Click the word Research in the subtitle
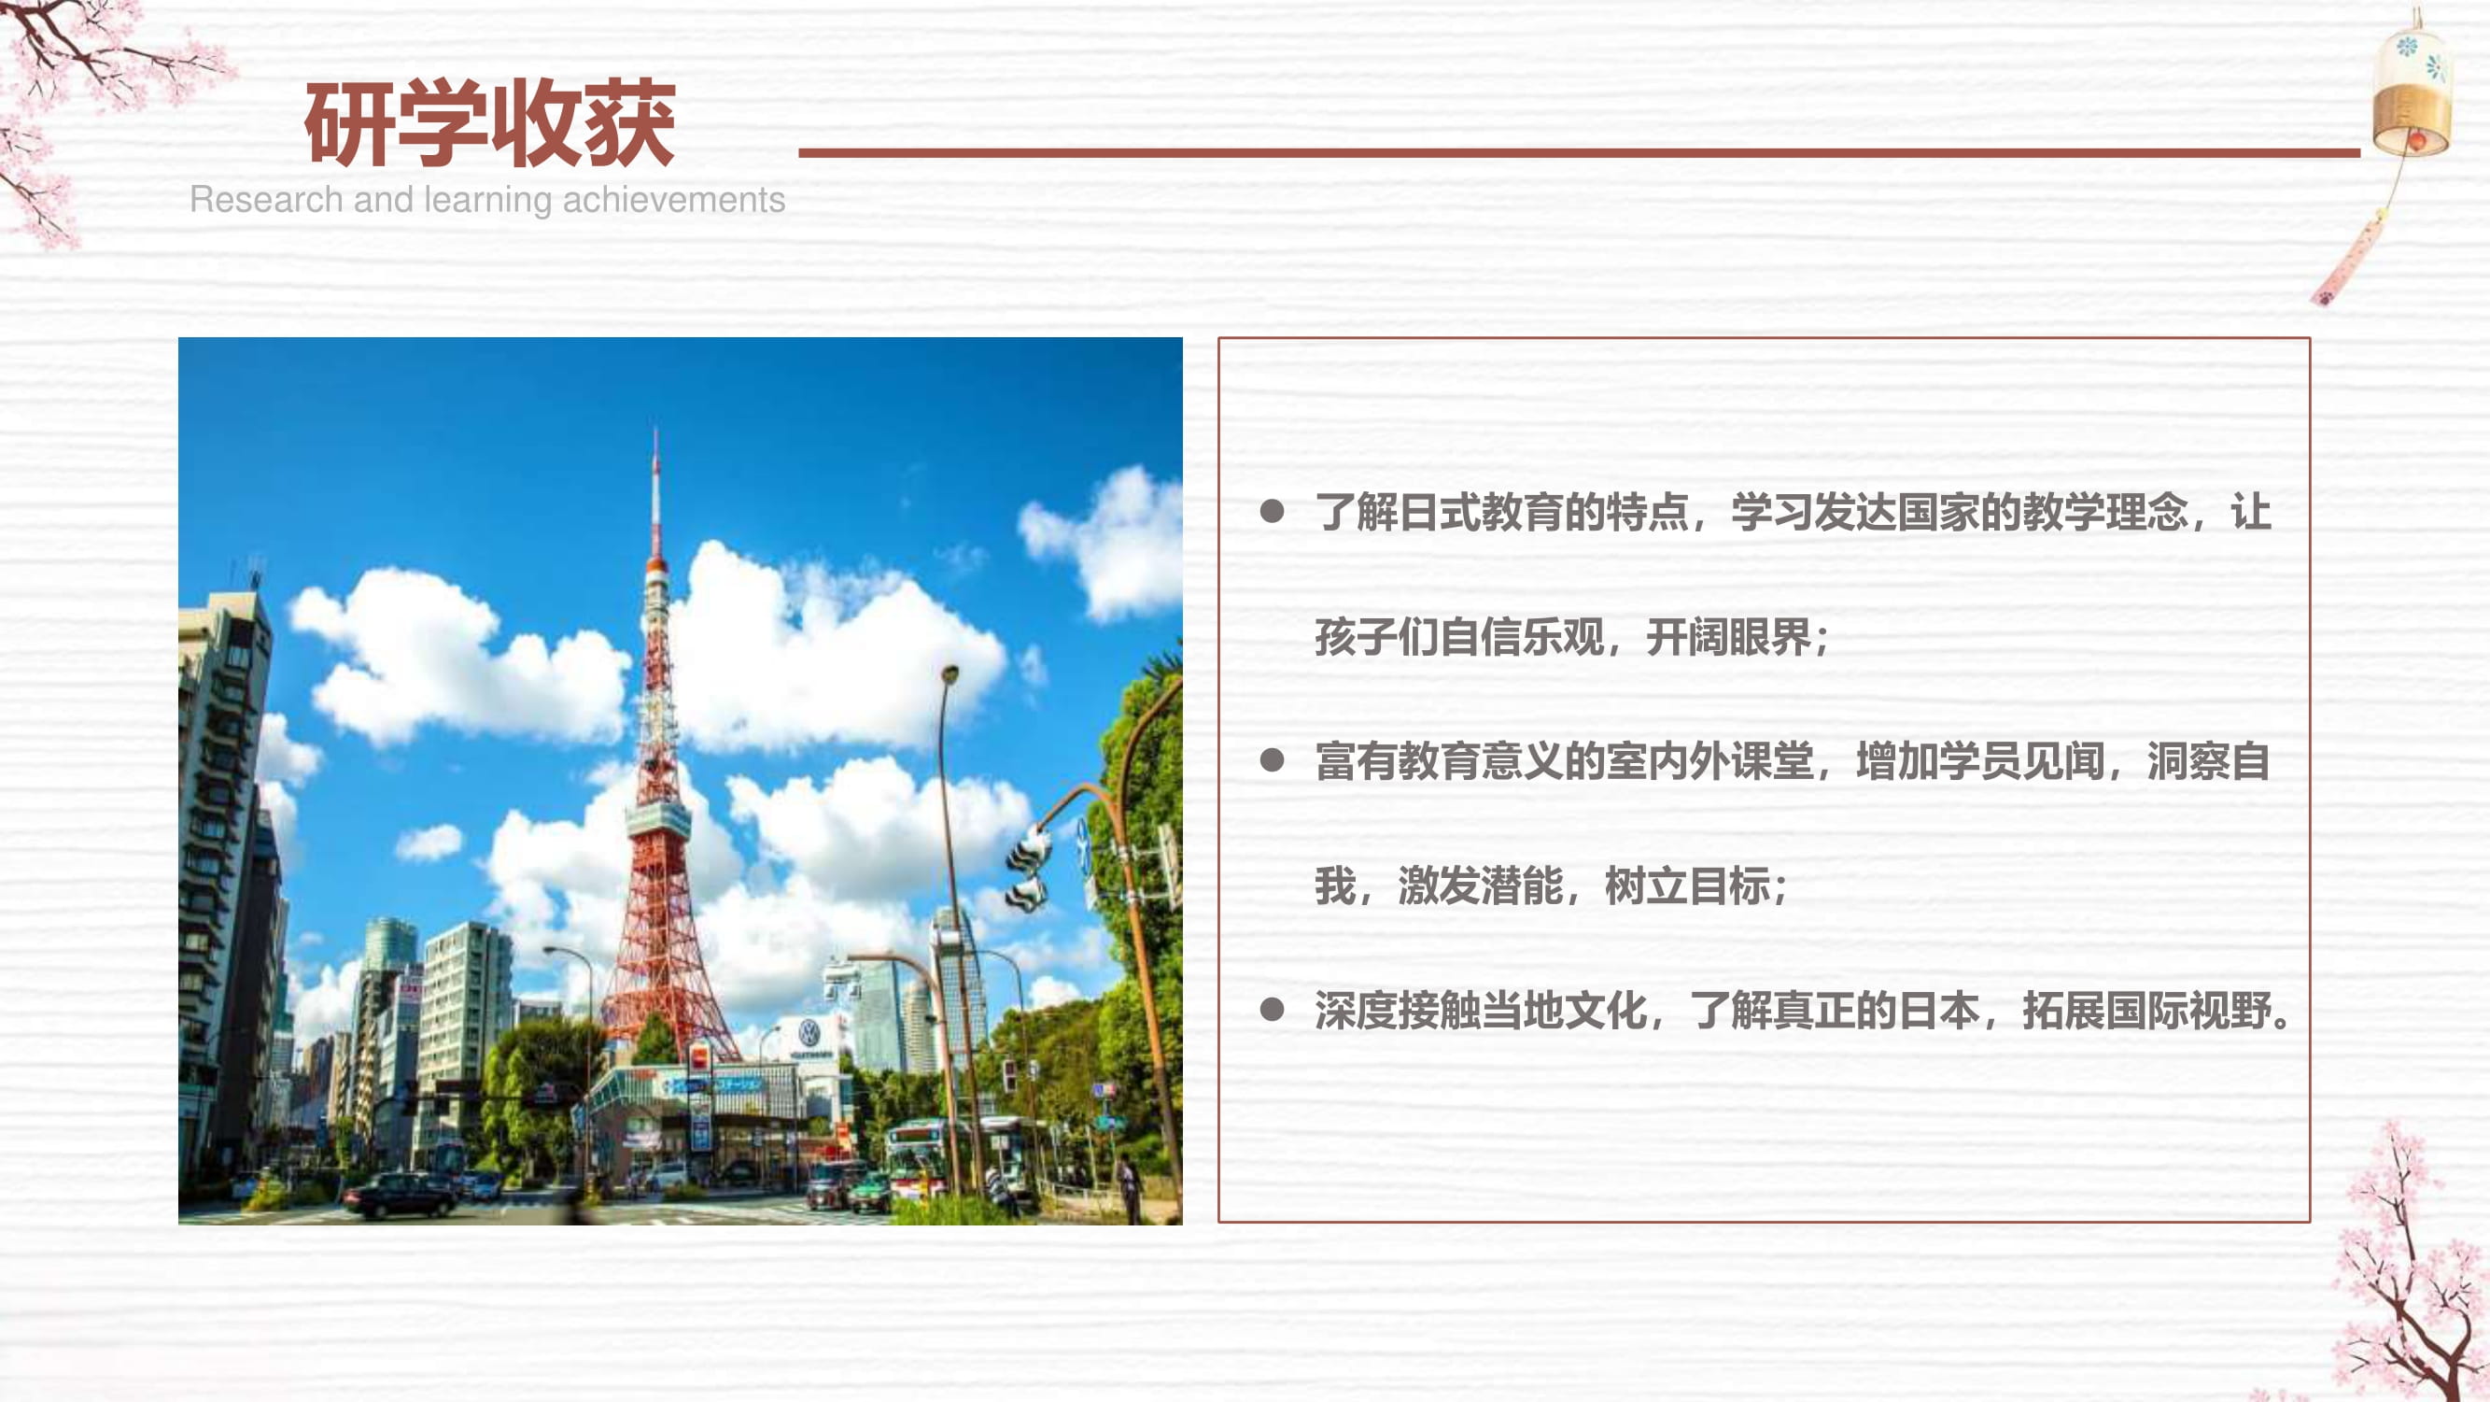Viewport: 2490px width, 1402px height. coord(267,199)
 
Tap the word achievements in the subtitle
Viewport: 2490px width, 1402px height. coord(674,199)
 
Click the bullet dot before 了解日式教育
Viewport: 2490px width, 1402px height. coord(1272,512)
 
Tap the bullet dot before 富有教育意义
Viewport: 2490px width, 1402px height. coord(1272,761)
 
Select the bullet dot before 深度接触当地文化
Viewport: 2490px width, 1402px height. coord(1272,1011)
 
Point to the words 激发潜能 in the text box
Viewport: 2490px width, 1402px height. coord(1480,885)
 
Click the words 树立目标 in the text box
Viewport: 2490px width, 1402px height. coord(1687,885)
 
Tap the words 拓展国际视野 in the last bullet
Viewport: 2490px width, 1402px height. coord(2145,1011)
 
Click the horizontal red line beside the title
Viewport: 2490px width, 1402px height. coord(1579,153)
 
